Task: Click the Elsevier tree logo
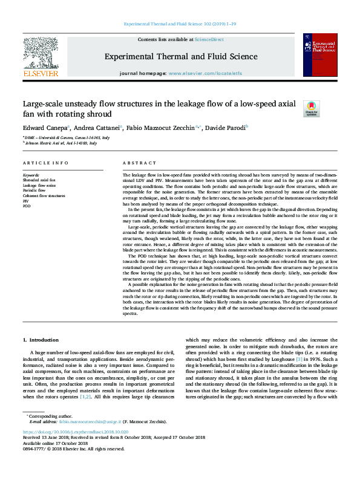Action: pyautogui.click(x=41, y=54)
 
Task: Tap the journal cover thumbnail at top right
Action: pyautogui.click(x=320, y=55)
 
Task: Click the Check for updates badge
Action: pyautogui.click(x=311, y=108)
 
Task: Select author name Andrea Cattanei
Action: pyautogui.click(x=97, y=128)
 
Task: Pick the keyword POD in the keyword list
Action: pyautogui.click(x=27, y=206)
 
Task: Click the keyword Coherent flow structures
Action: pyautogui.click(x=44, y=195)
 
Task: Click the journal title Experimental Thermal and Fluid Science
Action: pyautogui.click(x=181, y=57)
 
